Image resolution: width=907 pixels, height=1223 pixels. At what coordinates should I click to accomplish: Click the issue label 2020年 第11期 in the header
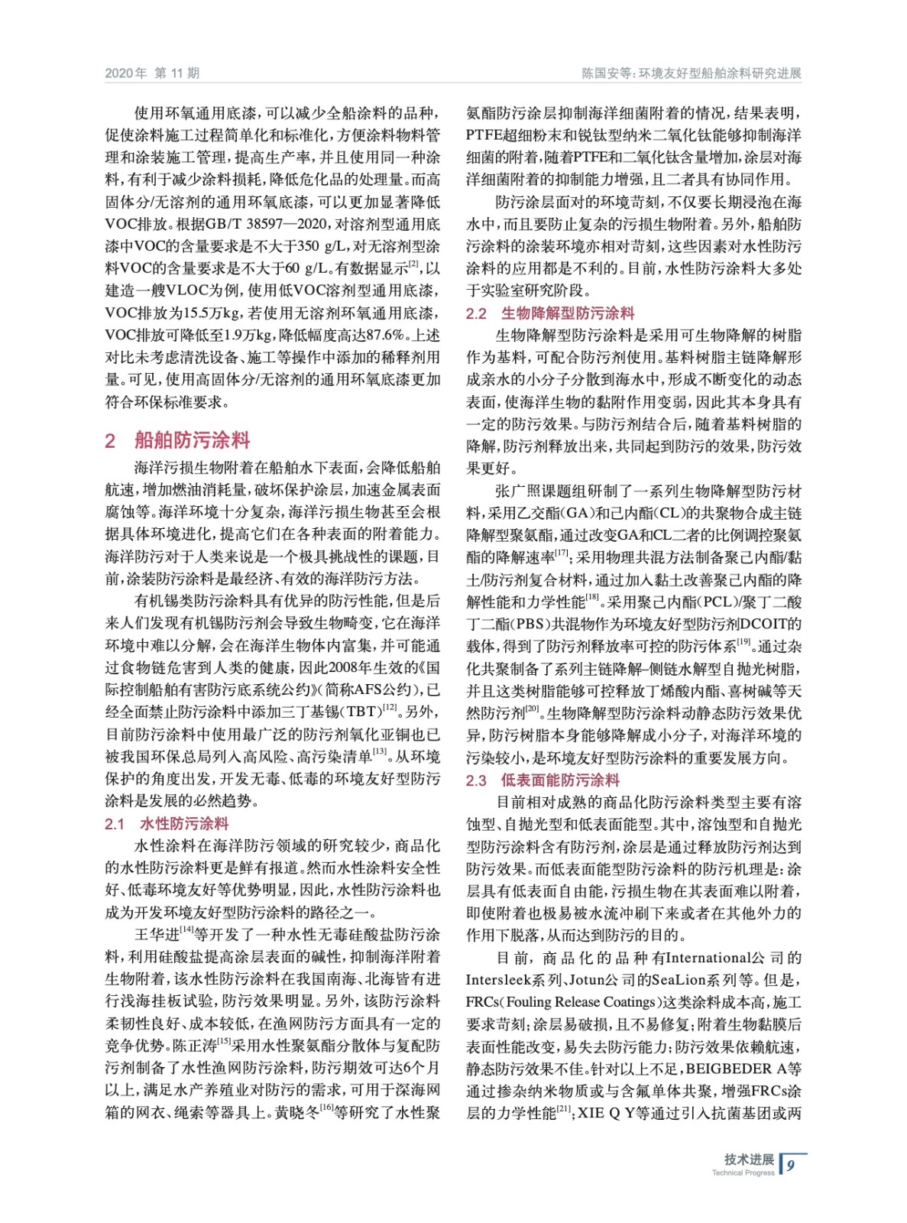click(152, 73)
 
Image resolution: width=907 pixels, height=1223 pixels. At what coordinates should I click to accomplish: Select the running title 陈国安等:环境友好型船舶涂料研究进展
click(691, 73)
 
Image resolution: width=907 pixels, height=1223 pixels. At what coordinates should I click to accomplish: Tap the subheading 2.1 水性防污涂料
click(167, 823)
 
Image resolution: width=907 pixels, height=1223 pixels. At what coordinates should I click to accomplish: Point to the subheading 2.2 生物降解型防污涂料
click(550, 313)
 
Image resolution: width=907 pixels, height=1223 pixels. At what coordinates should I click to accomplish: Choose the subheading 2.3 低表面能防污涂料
click(543, 780)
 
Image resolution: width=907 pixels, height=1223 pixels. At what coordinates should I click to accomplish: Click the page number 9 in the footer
click(791, 1165)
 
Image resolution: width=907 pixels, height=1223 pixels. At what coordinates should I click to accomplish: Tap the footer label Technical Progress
click(743, 1173)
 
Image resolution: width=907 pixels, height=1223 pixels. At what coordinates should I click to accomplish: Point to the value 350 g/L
click(319, 246)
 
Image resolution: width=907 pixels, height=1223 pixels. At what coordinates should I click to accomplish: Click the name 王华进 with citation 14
click(157, 934)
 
